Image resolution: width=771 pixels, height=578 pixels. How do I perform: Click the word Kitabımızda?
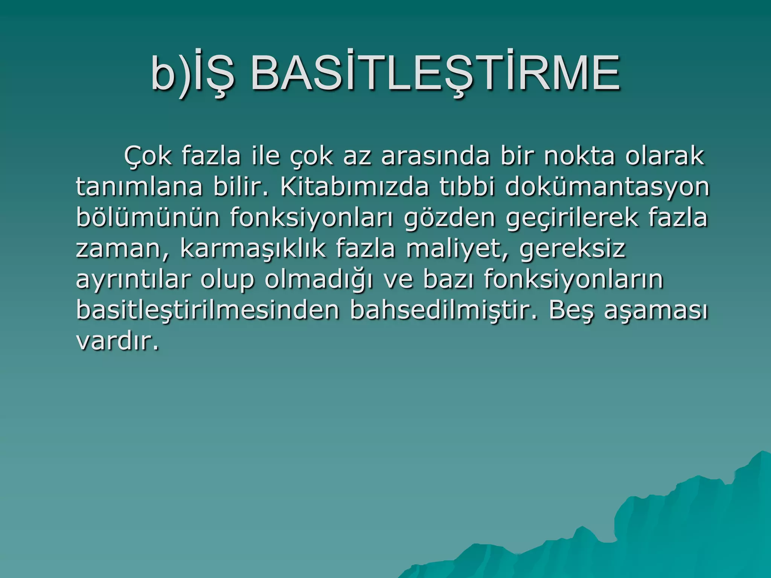click(x=354, y=187)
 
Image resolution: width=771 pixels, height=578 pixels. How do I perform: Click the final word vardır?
click(x=117, y=341)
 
